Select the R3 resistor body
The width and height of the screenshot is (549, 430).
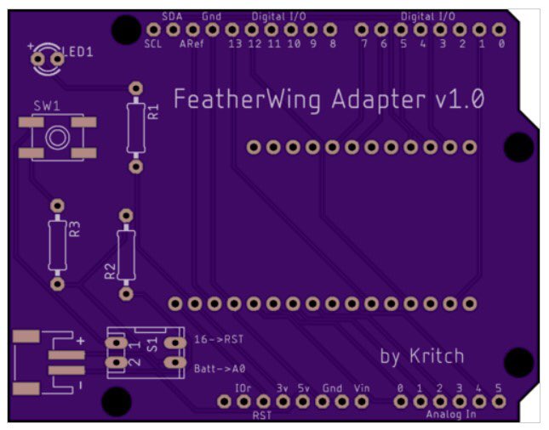[57, 243]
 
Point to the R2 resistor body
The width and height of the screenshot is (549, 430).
[126, 255]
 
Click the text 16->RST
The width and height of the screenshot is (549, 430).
[219, 339]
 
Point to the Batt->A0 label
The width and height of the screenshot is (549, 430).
[220, 368]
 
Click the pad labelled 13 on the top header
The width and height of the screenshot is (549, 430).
[234, 30]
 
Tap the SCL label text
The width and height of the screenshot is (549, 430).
[153, 44]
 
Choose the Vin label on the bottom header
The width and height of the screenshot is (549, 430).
[363, 388]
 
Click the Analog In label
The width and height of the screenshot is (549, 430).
[451, 415]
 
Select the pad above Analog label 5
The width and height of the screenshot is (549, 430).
[498, 400]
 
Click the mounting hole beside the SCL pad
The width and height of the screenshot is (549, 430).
[125, 31]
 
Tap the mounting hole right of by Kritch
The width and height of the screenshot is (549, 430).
[518, 362]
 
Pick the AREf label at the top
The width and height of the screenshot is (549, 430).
[192, 44]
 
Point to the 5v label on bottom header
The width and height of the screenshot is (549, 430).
[303, 388]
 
